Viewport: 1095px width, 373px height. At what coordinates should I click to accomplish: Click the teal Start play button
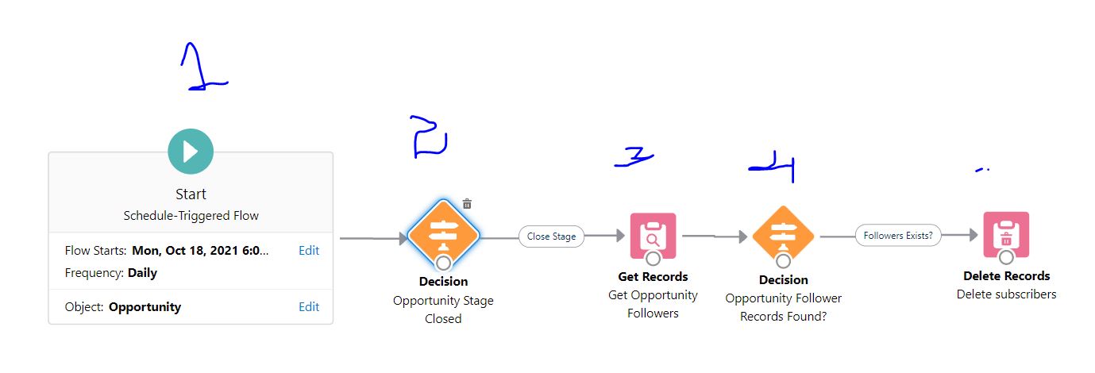(191, 151)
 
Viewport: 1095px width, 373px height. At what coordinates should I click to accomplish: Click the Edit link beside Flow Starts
(309, 251)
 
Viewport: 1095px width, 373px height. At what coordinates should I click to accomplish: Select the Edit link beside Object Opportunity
(309, 307)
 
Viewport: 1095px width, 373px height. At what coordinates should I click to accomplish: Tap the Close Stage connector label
(551, 236)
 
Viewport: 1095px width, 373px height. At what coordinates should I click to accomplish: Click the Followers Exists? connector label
(897, 236)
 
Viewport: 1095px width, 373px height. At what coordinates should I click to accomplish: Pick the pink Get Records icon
(653, 236)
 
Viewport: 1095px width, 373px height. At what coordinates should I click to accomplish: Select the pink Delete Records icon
(1006, 235)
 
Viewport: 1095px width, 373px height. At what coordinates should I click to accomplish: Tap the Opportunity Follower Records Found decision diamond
(783, 236)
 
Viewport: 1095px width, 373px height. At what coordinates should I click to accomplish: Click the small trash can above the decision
(467, 204)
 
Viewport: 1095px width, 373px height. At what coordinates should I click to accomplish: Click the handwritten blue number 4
(774, 167)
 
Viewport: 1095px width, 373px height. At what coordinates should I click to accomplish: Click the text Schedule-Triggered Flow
(191, 216)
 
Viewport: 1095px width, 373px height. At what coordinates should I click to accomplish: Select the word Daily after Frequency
(142, 273)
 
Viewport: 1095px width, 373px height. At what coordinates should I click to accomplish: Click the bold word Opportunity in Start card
(145, 307)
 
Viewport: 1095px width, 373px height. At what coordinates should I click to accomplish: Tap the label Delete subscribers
(1006, 294)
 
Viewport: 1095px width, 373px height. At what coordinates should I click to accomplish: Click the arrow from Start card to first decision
(373, 237)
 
